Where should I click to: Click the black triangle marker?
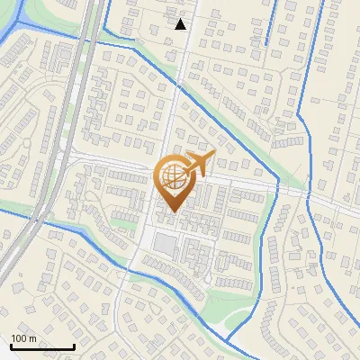180,24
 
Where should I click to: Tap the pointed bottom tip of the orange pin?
173,213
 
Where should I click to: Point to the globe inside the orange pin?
173,179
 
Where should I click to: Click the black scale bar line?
42,346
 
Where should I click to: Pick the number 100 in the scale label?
20,338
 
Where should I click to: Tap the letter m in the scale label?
32,338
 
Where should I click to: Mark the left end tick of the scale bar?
11,345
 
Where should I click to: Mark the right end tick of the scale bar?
74,345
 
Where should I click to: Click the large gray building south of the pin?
166,243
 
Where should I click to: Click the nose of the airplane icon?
214,157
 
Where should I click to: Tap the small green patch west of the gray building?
122,221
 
